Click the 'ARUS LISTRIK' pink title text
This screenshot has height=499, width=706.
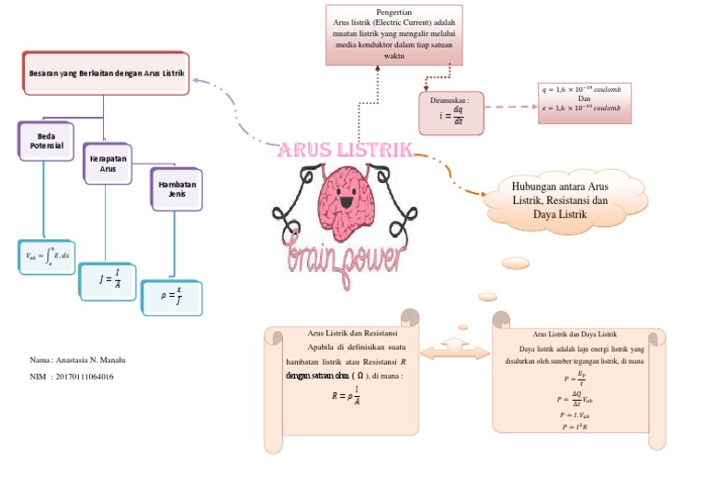click(x=345, y=151)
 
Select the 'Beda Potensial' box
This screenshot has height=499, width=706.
click(x=41, y=142)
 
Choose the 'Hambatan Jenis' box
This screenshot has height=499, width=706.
click(x=176, y=189)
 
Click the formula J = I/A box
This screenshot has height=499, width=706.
click(x=107, y=281)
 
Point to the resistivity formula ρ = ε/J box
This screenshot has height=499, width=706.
click(x=172, y=297)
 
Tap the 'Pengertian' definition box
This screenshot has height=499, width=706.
click(x=393, y=35)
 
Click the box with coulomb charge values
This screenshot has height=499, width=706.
click(x=581, y=101)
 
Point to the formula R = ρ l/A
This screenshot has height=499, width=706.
click(x=346, y=397)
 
